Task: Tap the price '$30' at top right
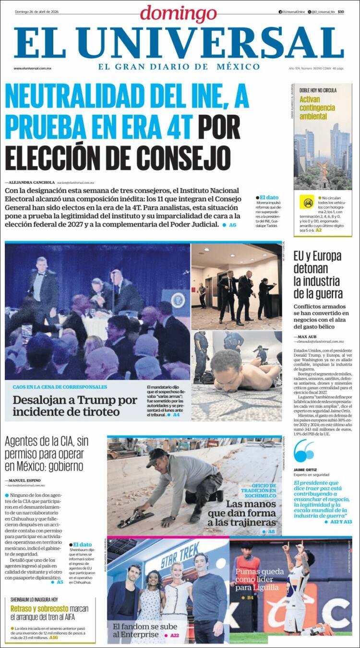pos(340,12)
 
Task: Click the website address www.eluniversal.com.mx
pos(32,68)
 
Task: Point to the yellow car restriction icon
pos(307,202)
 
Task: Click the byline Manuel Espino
pos(24,480)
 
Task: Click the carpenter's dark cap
pos(157,457)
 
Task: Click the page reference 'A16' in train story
pos(53,637)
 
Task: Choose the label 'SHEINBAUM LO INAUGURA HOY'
pos(34,600)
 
